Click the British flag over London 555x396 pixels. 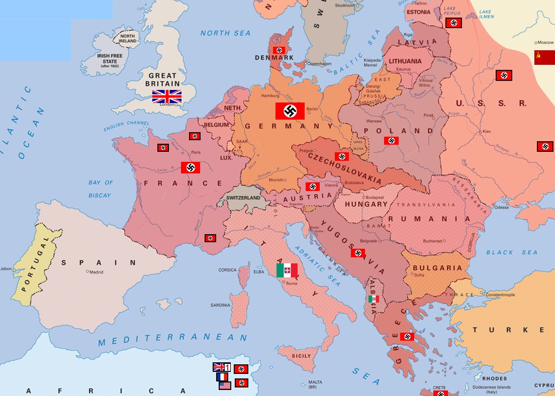[x=167, y=96]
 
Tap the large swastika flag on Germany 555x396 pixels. [x=290, y=111]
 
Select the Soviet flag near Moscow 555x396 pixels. [x=544, y=57]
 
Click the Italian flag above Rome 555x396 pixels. [x=287, y=270]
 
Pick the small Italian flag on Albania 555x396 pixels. [x=373, y=299]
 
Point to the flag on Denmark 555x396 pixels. [x=279, y=50]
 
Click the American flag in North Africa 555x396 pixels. [x=225, y=385]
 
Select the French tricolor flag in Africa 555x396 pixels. [x=222, y=376]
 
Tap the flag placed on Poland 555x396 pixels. [x=391, y=141]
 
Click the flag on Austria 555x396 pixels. [x=313, y=186]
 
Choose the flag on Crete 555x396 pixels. [x=441, y=392]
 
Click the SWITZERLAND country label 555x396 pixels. [x=243, y=198]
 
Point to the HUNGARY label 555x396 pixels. [x=366, y=204]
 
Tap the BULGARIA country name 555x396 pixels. [x=437, y=268]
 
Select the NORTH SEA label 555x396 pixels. [x=225, y=33]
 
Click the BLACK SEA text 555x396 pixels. [x=511, y=252]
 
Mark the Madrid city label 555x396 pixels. [x=96, y=272]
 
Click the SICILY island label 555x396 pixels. [x=302, y=356]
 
